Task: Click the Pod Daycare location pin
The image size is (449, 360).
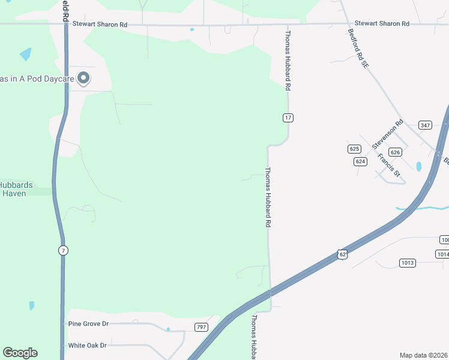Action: click(84, 78)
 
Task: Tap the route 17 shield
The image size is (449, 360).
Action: click(288, 118)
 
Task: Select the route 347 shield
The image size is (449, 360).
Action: click(426, 125)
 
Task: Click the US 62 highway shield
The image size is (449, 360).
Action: click(342, 254)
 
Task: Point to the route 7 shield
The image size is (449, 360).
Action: click(62, 250)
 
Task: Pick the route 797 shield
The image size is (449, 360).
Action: click(202, 326)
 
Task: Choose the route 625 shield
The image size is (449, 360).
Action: click(354, 149)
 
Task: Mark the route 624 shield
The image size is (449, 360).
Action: click(360, 161)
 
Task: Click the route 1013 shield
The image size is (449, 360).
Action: click(408, 263)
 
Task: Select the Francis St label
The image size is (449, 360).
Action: click(388, 165)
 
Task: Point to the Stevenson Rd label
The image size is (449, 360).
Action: click(385, 136)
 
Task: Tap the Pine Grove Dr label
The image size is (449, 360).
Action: click(88, 324)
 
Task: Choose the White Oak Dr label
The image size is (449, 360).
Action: click(87, 346)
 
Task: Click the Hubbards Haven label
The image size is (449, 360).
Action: click(16, 189)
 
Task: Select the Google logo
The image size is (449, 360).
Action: click(20, 353)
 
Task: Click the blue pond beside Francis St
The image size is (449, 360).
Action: click(418, 166)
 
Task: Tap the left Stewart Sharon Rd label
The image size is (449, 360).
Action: click(100, 25)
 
